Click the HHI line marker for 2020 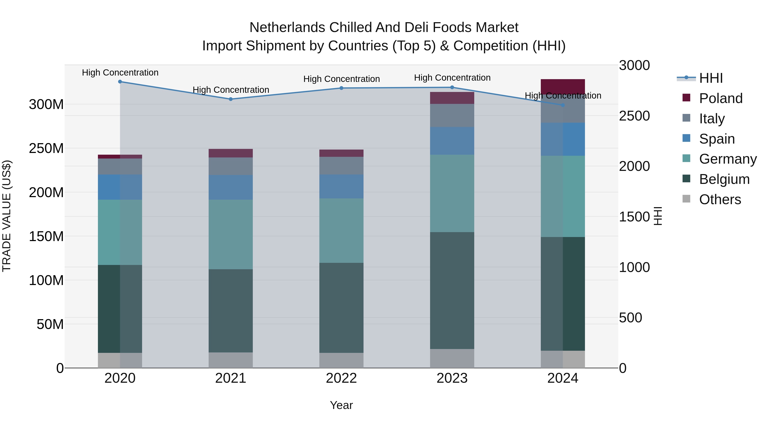point(120,81)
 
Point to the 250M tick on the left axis point(46,148)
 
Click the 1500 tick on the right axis point(634,217)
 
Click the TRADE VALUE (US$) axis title point(7,216)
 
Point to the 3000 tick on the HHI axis point(634,65)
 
